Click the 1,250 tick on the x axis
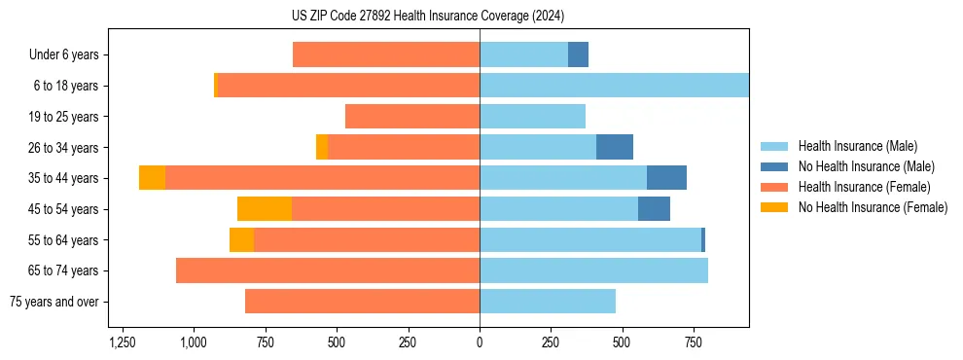point(123,342)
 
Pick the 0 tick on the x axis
point(480,342)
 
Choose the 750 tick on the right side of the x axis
point(694,342)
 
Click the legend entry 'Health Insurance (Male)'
point(857,146)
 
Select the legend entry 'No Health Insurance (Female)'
point(873,207)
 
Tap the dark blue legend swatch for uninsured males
point(775,166)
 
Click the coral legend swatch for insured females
point(775,187)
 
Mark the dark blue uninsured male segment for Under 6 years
point(578,55)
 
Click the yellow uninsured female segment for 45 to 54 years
point(265,209)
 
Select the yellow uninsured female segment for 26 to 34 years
point(322,148)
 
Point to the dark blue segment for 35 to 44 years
point(666,178)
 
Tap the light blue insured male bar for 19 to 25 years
point(532,117)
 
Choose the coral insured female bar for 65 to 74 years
point(328,270)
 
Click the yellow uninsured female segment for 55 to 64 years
point(241,240)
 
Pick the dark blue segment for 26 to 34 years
point(615,148)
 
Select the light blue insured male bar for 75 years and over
point(548,302)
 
